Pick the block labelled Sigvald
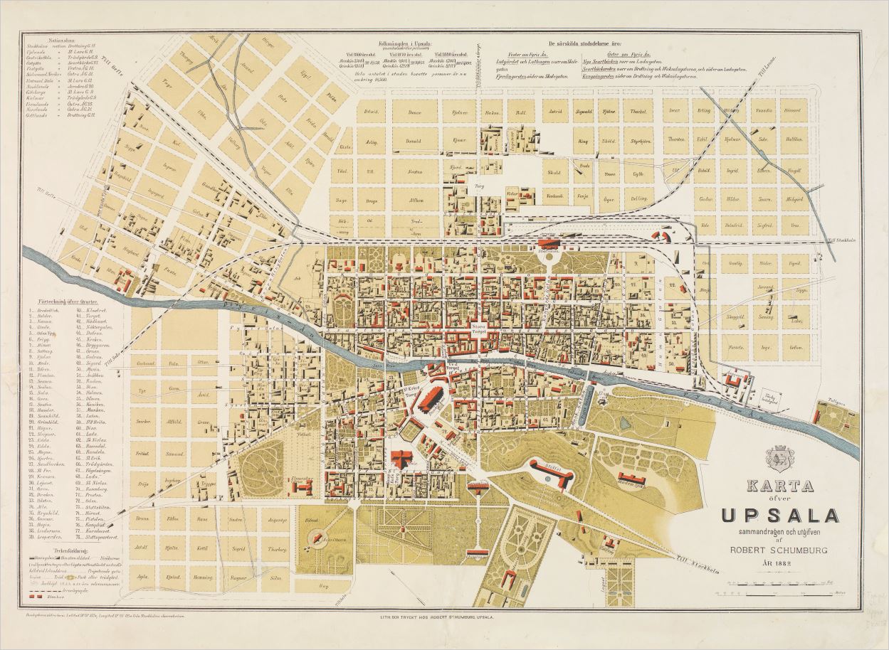tap(584, 112)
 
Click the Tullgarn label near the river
tap(828, 402)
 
